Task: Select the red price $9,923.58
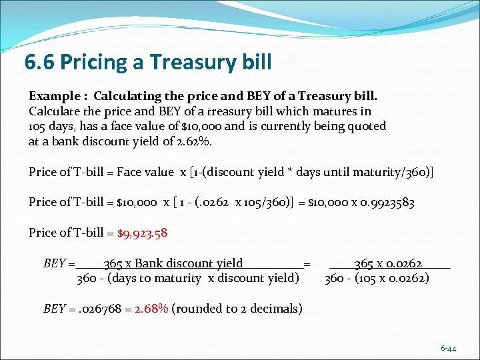point(142,233)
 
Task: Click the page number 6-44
point(448,349)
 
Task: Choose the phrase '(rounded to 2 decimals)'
point(237,309)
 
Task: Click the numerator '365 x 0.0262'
point(388,263)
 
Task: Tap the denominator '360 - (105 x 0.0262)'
point(377,278)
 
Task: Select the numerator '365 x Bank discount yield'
point(173,263)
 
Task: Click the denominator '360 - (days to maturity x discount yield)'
point(187,278)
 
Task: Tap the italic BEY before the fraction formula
point(54,263)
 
